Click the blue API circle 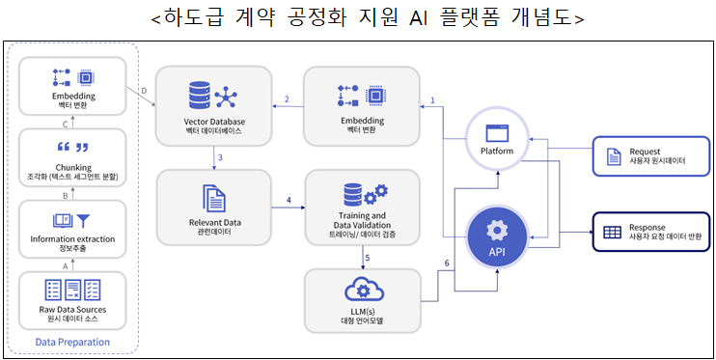(497, 237)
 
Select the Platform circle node (497, 141)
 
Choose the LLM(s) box (363, 299)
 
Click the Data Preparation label (72, 343)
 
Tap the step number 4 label (288, 200)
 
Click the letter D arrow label (143, 92)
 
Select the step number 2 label (287, 99)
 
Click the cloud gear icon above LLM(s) (363, 288)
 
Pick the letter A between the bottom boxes (66, 263)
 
